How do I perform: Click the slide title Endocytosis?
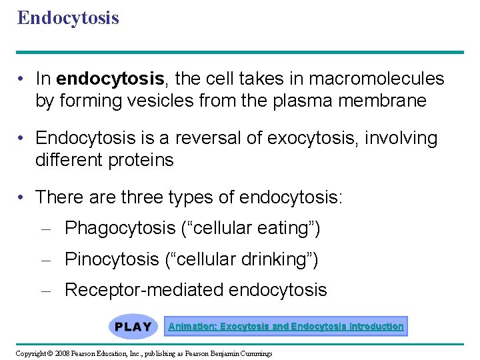coord(68,18)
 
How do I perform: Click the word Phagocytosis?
coord(120,229)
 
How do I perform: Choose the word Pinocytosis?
coord(112,259)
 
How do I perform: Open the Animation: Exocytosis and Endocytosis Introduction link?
coord(286,327)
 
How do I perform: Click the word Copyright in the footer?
coord(29,352)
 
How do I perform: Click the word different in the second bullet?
coord(65,160)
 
